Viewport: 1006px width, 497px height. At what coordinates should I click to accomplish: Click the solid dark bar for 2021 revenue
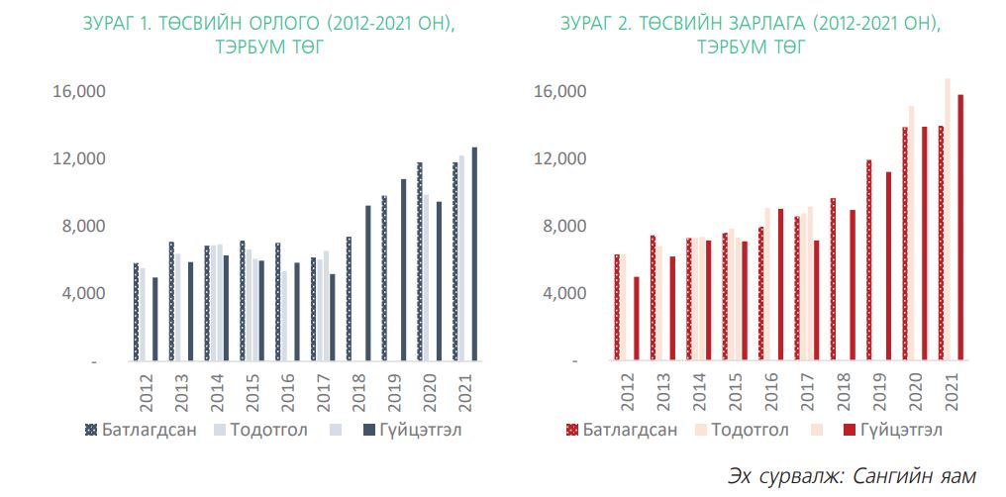coord(474,254)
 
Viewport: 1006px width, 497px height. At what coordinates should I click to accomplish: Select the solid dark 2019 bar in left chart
coord(403,270)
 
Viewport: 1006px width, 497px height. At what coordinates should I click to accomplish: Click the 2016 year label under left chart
coord(288,385)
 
